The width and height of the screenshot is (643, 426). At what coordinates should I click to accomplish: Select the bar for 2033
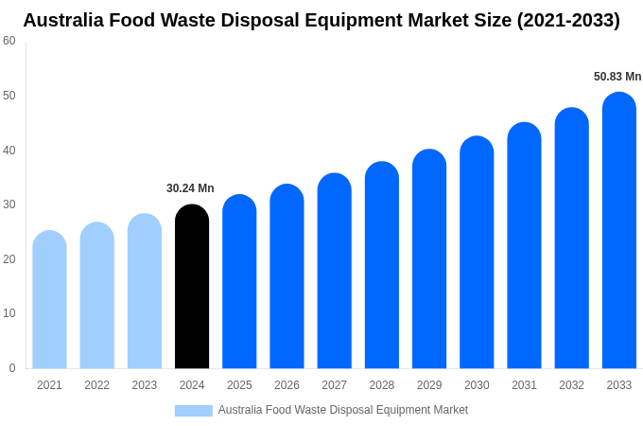click(x=619, y=231)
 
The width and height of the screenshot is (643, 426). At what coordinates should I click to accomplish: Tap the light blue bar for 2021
click(x=49, y=300)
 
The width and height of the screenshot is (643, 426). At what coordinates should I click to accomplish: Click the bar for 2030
click(x=477, y=253)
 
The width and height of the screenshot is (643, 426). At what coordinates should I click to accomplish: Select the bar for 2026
click(x=287, y=276)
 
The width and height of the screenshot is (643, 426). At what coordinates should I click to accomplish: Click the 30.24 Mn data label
click(x=190, y=188)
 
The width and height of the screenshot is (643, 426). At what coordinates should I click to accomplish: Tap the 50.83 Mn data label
click(x=617, y=77)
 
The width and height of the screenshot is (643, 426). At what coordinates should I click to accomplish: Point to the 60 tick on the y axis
click(x=9, y=41)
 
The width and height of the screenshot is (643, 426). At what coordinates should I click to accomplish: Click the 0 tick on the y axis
click(x=12, y=368)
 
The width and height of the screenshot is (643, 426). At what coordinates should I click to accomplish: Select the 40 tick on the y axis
click(x=9, y=150)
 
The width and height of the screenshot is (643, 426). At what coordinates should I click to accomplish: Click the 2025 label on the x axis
click(x=239, y=385)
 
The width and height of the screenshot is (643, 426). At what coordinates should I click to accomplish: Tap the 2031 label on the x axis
click(x=524, y=385)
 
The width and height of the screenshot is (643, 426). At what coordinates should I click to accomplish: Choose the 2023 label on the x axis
click(x=145, y=385)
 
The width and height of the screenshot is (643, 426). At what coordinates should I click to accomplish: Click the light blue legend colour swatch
click(x=194, y=411)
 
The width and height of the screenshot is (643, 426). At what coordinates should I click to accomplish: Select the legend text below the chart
click(x=342, y=410)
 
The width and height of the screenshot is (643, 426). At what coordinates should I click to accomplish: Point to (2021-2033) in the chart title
click(x=567, y=20)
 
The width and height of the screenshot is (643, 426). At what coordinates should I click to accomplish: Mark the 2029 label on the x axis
click(x=429, y=385)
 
